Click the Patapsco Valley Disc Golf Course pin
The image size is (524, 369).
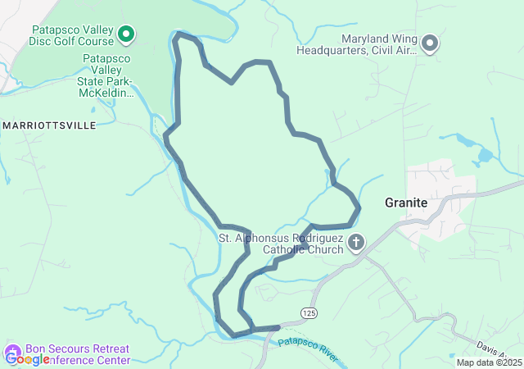click(125, 34)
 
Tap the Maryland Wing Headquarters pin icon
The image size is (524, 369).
click(430, 43)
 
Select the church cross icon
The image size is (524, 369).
click(356, 242)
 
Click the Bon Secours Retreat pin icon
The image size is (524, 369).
click(13, 353)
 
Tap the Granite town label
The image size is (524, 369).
click(407, 203)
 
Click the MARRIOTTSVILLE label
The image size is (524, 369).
click(50, 125)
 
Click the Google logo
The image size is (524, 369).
click(26, 358)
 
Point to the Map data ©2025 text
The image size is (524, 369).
click(488, 362)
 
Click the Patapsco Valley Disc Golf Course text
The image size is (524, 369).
click(71, 34)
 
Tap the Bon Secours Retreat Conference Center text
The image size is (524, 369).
click(77, 354)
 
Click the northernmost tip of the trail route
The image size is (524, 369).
click(180, 34)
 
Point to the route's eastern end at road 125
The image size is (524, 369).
click(278, 328)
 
